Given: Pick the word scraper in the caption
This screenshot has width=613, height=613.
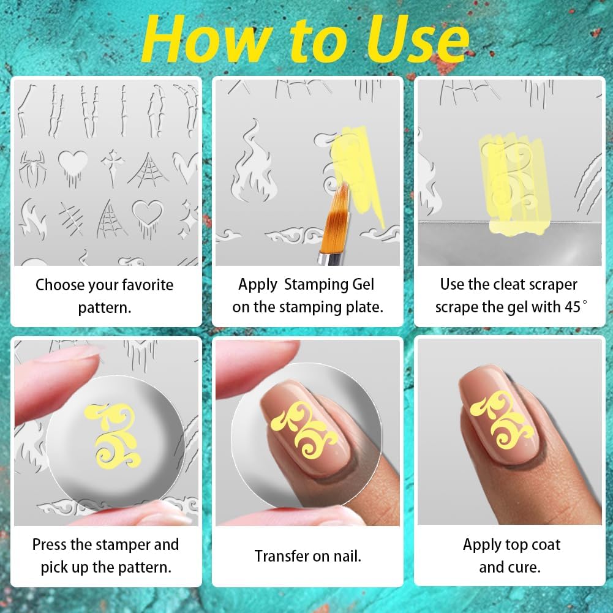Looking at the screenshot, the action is tap(552, 285).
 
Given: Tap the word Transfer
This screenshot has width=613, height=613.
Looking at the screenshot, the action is tap(280, 556).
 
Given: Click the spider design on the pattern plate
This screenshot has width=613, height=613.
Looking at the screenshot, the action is tap(33, 169).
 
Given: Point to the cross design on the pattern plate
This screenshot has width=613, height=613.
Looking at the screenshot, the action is tap(113, 167).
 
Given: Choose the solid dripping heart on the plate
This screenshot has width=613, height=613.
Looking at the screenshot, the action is tap(73, 167).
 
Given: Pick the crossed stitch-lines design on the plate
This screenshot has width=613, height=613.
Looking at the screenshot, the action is tap(71, 219).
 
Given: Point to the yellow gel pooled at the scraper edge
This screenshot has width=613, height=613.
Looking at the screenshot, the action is tap(517, 228).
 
